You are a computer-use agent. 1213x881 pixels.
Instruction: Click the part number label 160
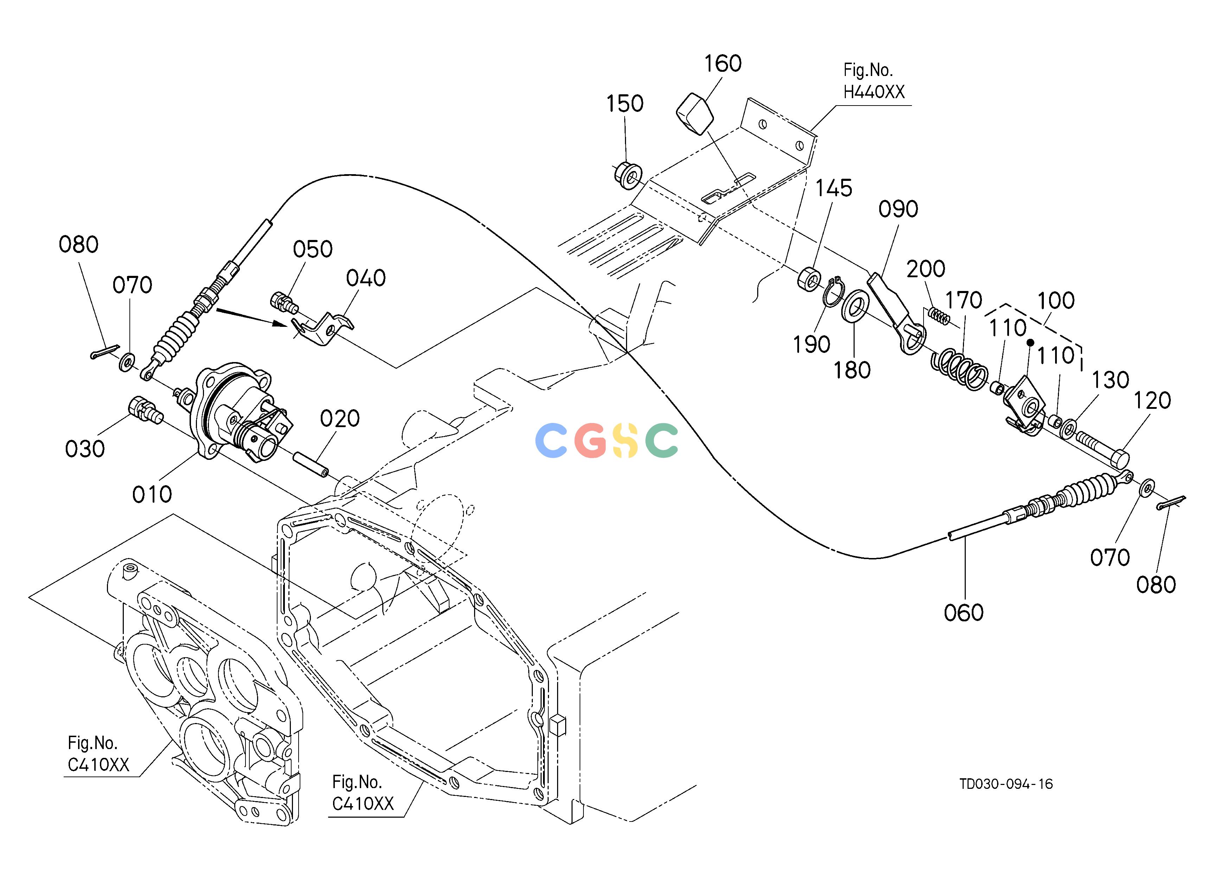[722, 64]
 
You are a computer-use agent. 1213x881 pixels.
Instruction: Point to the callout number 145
[834, 188]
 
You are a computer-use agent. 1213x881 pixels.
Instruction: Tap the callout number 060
[964, 613]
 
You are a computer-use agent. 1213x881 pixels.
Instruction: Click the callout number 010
[152, 494]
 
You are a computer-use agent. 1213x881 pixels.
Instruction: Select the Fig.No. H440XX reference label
[874, 81]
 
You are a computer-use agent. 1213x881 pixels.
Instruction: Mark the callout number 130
[1110, 380]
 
